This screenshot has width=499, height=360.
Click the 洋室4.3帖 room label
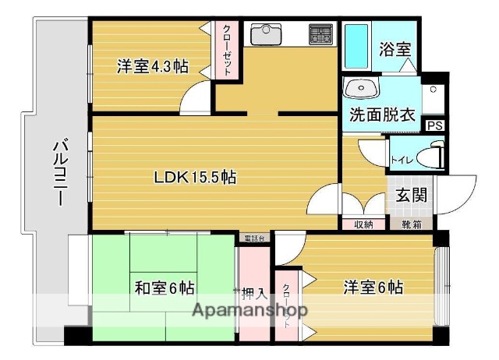(153, 66)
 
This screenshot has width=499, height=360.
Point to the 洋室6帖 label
(374, 288)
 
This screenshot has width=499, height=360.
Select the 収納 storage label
(363, 225)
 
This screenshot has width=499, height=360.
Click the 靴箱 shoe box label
(412, 225)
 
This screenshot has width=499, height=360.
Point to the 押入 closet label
(254, 294)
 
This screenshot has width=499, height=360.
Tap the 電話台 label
(254, 238)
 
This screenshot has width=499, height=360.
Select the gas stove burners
(321, 34)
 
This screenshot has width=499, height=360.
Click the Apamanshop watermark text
(249, 311)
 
